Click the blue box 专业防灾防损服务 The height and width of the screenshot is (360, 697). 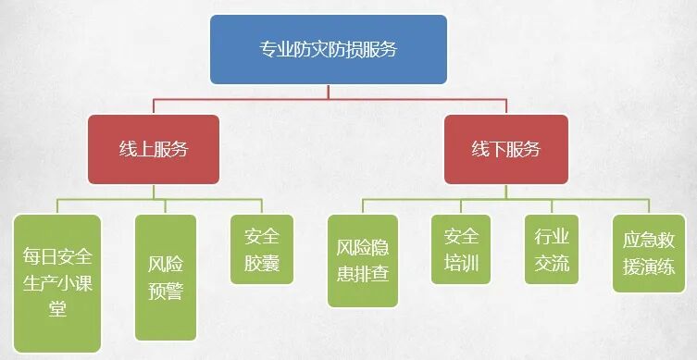coord(328,49)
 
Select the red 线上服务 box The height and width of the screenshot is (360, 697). coord(154,149)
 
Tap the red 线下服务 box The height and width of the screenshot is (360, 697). coord(505,149)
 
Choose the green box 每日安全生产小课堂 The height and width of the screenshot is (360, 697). coord(57,282)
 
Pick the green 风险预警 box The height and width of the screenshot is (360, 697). coord(166,276)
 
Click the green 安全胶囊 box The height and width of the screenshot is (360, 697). coord(261,250)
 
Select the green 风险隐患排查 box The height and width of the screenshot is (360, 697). coord(363,260)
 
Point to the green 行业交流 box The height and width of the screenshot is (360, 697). coord(552,250)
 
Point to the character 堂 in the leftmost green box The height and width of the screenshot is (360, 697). coord(57,308)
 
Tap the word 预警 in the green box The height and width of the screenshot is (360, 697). coord(166,292)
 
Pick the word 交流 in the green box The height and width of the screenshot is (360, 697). coord(552,264)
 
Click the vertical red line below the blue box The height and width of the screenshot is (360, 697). coord(328,91)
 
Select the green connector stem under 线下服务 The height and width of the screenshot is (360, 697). coord(505,191)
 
